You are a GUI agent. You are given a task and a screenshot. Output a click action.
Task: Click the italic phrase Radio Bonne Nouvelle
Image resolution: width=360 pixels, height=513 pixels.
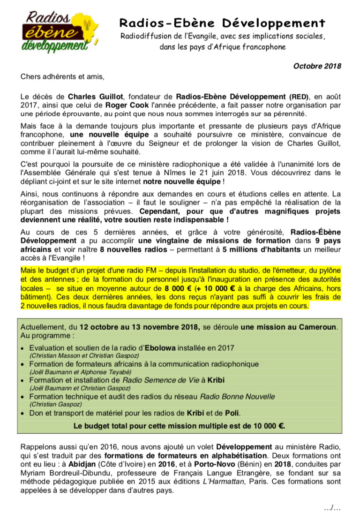click(x=237, y=396)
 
